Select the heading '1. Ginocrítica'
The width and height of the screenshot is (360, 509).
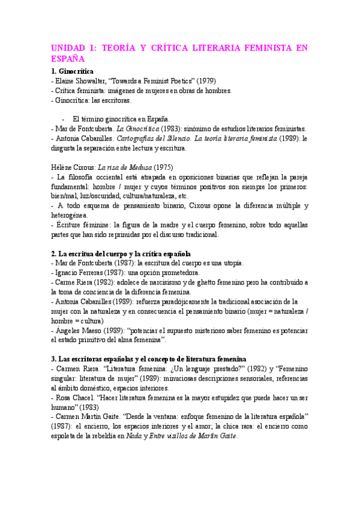coord(77,71)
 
